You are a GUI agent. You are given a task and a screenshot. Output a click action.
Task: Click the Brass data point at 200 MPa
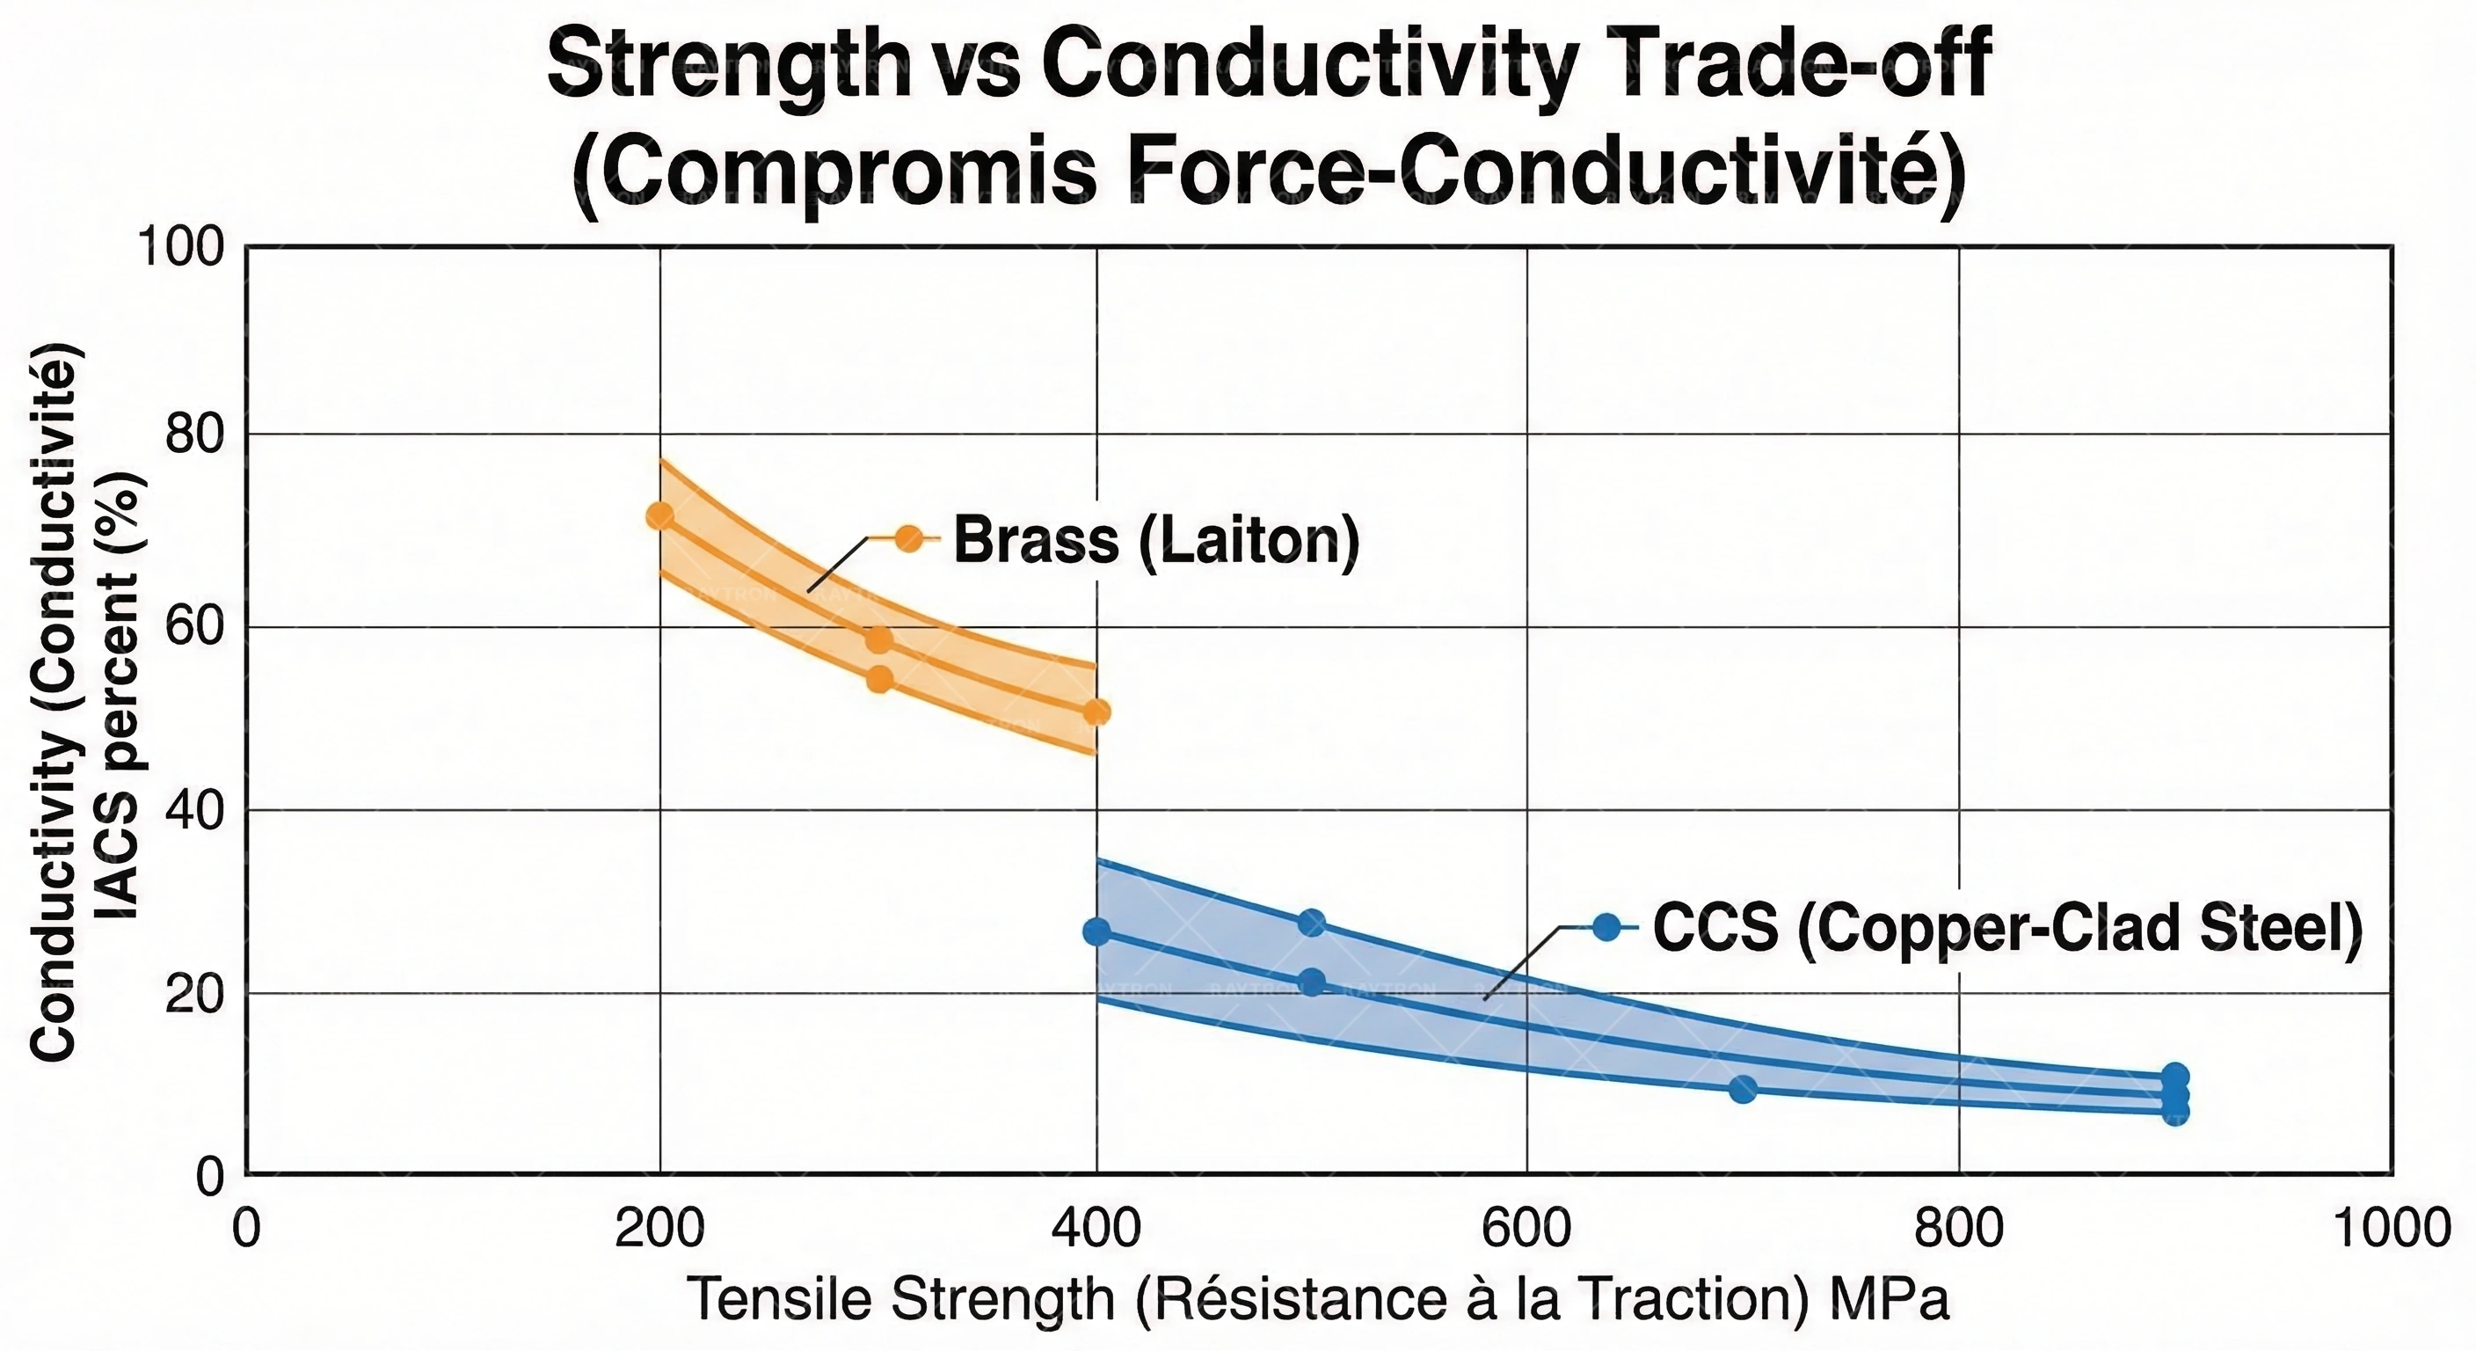659,516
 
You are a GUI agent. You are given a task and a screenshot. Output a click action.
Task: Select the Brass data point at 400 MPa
1096,712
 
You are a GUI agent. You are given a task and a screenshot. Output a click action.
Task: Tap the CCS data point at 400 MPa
1096,931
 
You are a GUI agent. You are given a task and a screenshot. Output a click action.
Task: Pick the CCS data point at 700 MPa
1743,1090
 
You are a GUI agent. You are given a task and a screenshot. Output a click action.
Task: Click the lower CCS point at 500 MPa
1312,982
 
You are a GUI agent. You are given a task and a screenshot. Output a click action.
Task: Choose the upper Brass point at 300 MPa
878,639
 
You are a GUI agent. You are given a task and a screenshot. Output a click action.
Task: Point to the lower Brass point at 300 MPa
879,680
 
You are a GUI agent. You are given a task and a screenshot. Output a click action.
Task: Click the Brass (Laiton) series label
1156,540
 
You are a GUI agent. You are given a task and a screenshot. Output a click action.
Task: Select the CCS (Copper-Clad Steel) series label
2007,928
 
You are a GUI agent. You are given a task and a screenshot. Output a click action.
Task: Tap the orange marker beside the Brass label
908,538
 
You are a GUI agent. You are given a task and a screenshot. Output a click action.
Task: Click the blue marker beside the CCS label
1606,927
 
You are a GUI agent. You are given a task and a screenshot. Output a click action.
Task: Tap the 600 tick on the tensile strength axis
1526,1229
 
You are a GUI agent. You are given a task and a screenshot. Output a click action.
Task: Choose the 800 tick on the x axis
1959,1229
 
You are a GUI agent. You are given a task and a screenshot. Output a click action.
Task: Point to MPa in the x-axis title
1890,1300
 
